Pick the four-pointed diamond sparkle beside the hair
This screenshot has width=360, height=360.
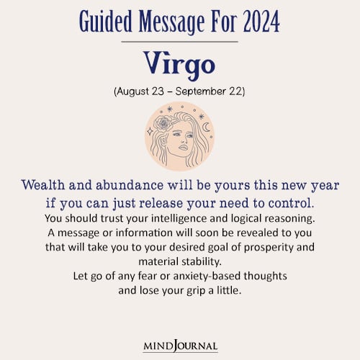tap(149, 132)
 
